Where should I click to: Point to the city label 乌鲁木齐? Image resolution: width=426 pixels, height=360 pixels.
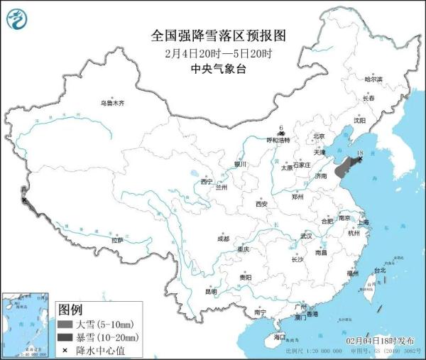coord(111,103)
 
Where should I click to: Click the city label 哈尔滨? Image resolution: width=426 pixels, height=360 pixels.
coord(373,79)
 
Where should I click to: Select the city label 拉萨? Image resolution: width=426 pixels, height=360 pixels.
coord(116,240)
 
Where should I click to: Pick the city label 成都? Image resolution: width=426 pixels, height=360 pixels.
coord(223,238)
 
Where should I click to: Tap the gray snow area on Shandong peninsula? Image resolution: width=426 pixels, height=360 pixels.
coord(342,170)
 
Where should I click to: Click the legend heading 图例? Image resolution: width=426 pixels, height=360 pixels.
coord(70,310)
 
